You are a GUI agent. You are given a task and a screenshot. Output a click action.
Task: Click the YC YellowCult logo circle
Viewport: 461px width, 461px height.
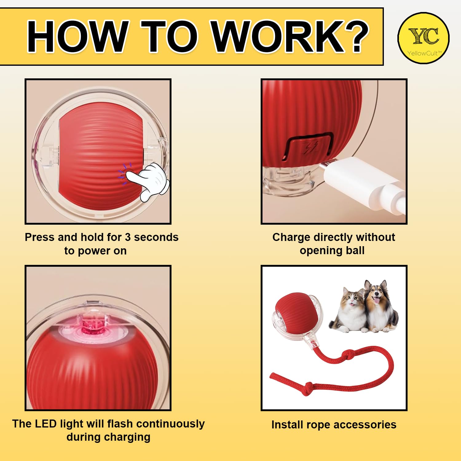coord(424,38)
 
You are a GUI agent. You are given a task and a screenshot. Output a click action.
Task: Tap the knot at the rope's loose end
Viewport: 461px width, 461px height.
coord(307,389)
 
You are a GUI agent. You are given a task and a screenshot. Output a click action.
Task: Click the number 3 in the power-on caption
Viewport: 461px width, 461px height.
coord(128,237)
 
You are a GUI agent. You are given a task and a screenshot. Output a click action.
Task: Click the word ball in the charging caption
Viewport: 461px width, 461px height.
coord(355,250)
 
